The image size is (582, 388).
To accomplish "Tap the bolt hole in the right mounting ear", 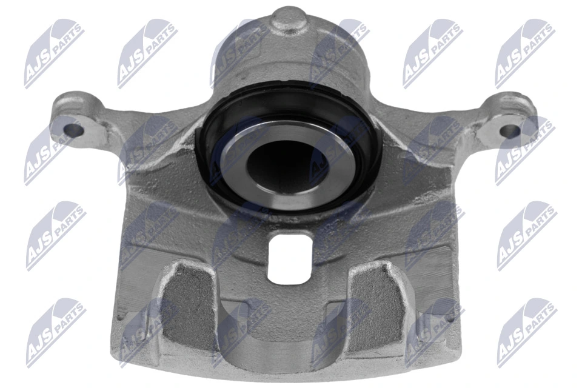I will [511, 130].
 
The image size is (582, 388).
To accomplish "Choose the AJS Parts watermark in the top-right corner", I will [525, 55].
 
